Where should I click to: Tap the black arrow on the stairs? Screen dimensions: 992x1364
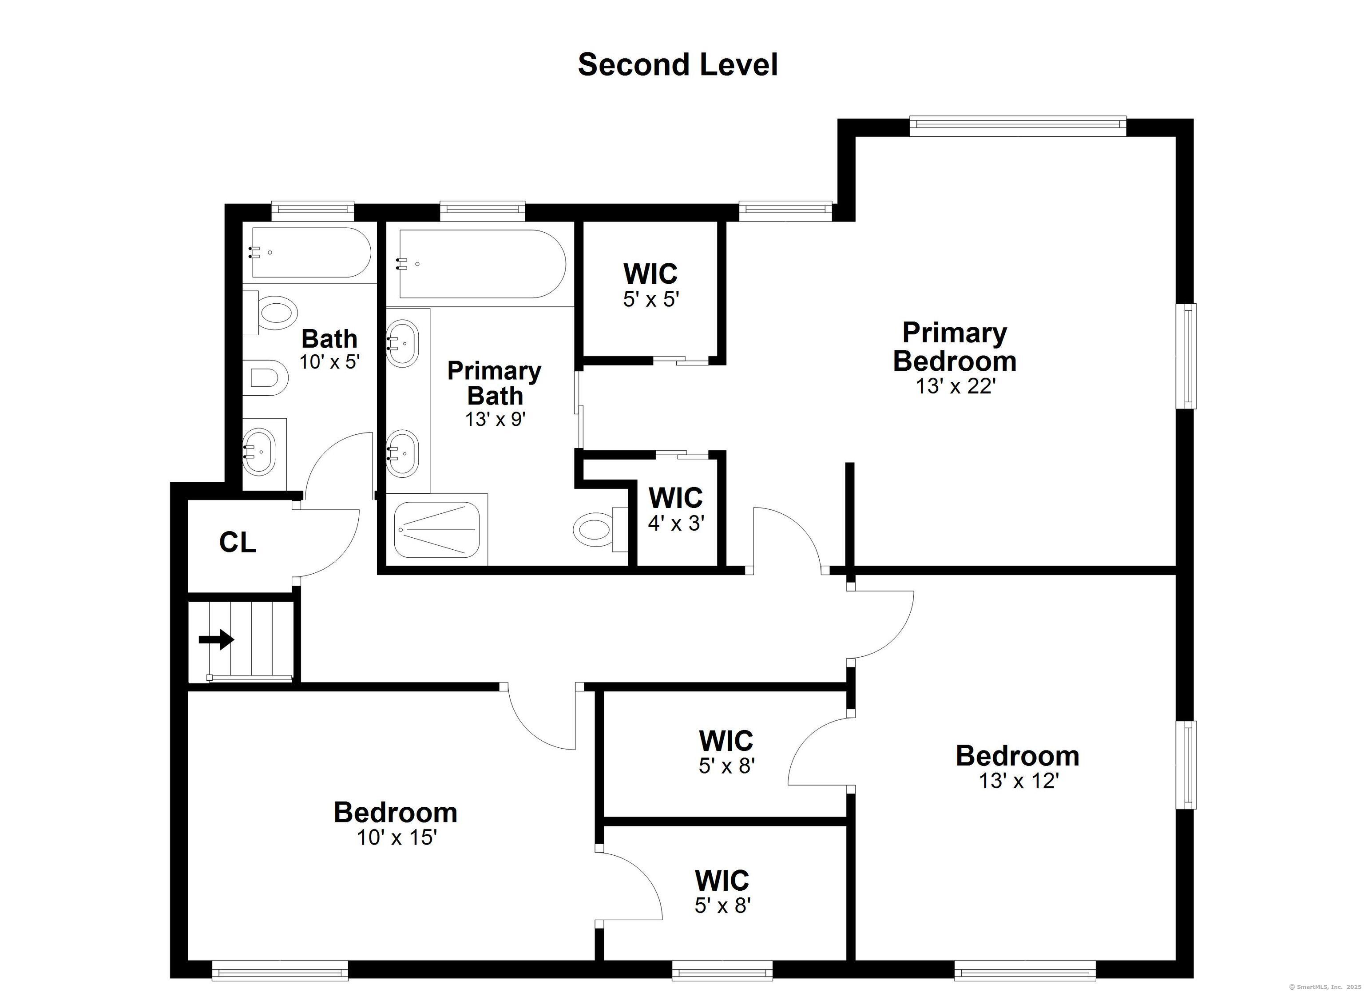coord(217,639)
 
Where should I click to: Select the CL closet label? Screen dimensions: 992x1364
coord(238,543)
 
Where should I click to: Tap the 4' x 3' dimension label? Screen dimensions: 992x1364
coord(675,524)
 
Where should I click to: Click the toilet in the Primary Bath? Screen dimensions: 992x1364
coord(594,529)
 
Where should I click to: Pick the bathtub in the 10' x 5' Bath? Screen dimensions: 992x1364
coord(310,252)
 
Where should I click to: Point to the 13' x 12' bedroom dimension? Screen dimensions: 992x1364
coord(1018,781)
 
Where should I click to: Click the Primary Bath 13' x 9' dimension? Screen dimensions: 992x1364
coord(495,419)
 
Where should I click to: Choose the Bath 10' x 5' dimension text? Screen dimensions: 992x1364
coord(329,361)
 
